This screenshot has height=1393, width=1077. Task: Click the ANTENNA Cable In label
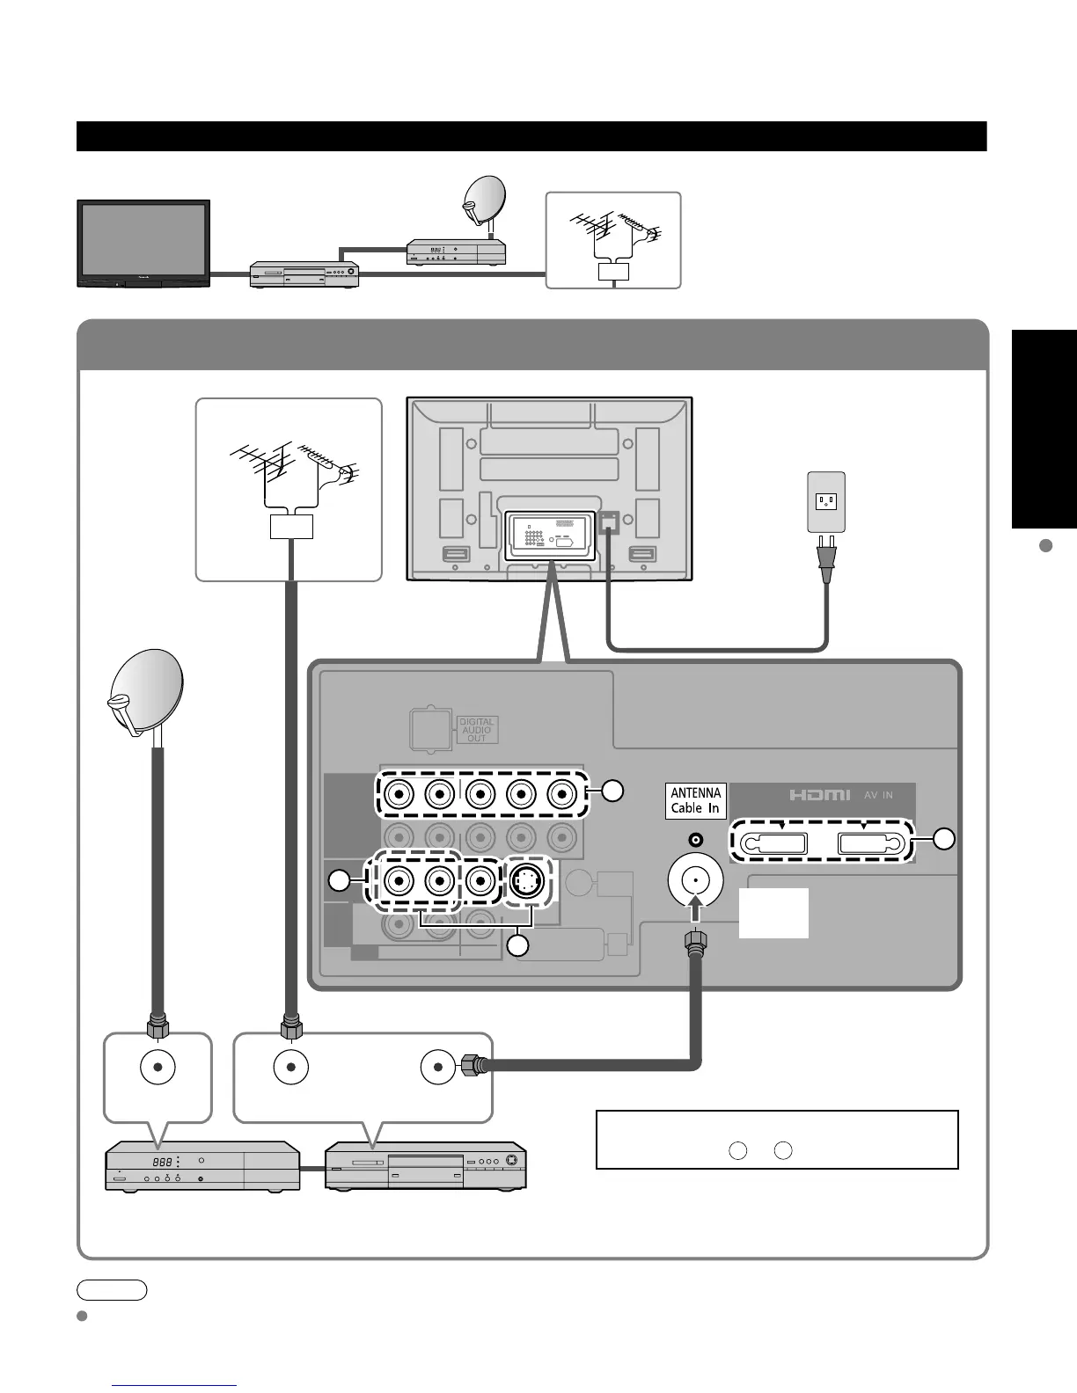(x=695, y=800)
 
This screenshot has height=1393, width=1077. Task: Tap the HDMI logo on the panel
(x=818, y=795)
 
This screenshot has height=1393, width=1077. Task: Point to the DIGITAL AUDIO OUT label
(x=476, y=730)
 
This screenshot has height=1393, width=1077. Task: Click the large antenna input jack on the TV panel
(x=696, y=880)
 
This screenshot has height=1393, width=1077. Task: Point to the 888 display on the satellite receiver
(x=164, y=1162)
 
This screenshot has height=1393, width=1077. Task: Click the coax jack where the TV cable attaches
(x=437, y=1067)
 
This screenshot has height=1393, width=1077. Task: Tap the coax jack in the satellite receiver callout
(x=158, y=1068)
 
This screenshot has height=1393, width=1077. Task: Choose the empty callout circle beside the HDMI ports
(x=944, y=839)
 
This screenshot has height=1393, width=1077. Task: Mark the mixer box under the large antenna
(x=290, y=527)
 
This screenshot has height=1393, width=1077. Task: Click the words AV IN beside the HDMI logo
(x=876, y=795)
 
